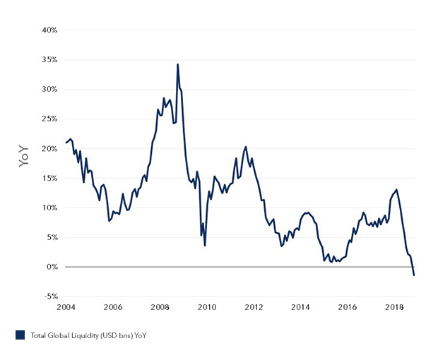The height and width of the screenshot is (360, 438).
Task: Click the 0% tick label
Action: click(50, 267)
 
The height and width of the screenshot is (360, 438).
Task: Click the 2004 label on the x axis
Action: click(66, 307)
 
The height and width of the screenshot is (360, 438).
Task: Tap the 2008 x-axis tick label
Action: click(160, 307)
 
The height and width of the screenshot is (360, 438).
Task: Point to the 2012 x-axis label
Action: click(254, 307)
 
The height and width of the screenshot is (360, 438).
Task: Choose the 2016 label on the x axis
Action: click(347, 307)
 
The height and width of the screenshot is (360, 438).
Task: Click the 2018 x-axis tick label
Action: click(394, 307)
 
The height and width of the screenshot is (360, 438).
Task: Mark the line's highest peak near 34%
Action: click(177, 64)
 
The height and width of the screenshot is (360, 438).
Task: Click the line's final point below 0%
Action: click(413, 275)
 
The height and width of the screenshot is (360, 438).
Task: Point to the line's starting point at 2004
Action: click(66, 143)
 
